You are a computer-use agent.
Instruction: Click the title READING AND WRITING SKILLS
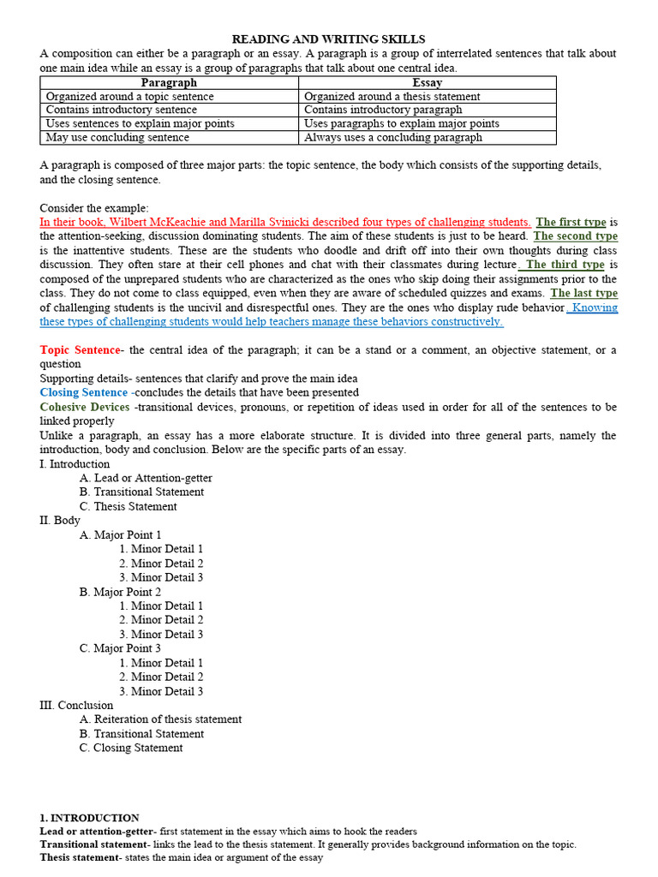tap(328, 39)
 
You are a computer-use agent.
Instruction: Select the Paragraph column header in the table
tap(169, 83)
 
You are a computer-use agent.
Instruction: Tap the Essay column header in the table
tap(427, 83)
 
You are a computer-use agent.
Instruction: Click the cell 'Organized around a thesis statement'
tap(392, 97)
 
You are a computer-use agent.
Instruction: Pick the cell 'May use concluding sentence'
tap(117, 137)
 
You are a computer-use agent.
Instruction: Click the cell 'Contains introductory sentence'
tap(121, 110)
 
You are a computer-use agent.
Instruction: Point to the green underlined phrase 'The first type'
tap(571, 223)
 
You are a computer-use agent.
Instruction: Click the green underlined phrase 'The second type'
tap(575, 236)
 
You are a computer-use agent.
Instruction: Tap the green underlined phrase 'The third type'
tap(565, 265)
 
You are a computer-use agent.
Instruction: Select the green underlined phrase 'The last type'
tap(583, 293)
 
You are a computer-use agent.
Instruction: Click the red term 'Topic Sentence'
tap(80, 350)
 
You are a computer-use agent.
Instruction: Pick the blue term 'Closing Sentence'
tap(83, 392)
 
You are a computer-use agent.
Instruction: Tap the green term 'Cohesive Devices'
tap(85, 407)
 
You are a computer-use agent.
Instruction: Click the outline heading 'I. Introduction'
tap(75, 463)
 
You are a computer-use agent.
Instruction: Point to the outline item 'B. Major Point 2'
tap(120, 592)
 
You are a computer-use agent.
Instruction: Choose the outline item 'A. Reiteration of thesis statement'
tap(160, 719)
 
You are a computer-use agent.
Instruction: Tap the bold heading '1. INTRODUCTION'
tap(89, 818)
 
